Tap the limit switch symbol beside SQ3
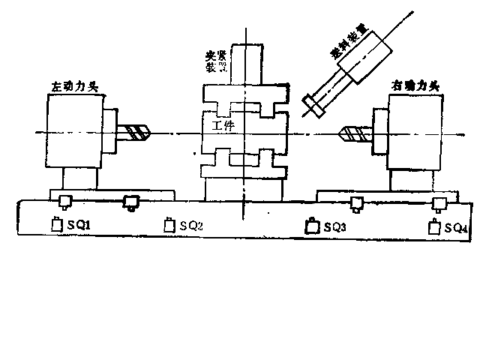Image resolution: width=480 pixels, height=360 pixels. click(x=311, y=224)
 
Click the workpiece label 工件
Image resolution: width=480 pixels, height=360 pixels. click(x=225, y=125)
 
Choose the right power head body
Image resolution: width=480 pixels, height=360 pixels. click(x=416, y=135)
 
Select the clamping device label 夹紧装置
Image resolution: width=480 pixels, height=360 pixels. click(x=216, y=60)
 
